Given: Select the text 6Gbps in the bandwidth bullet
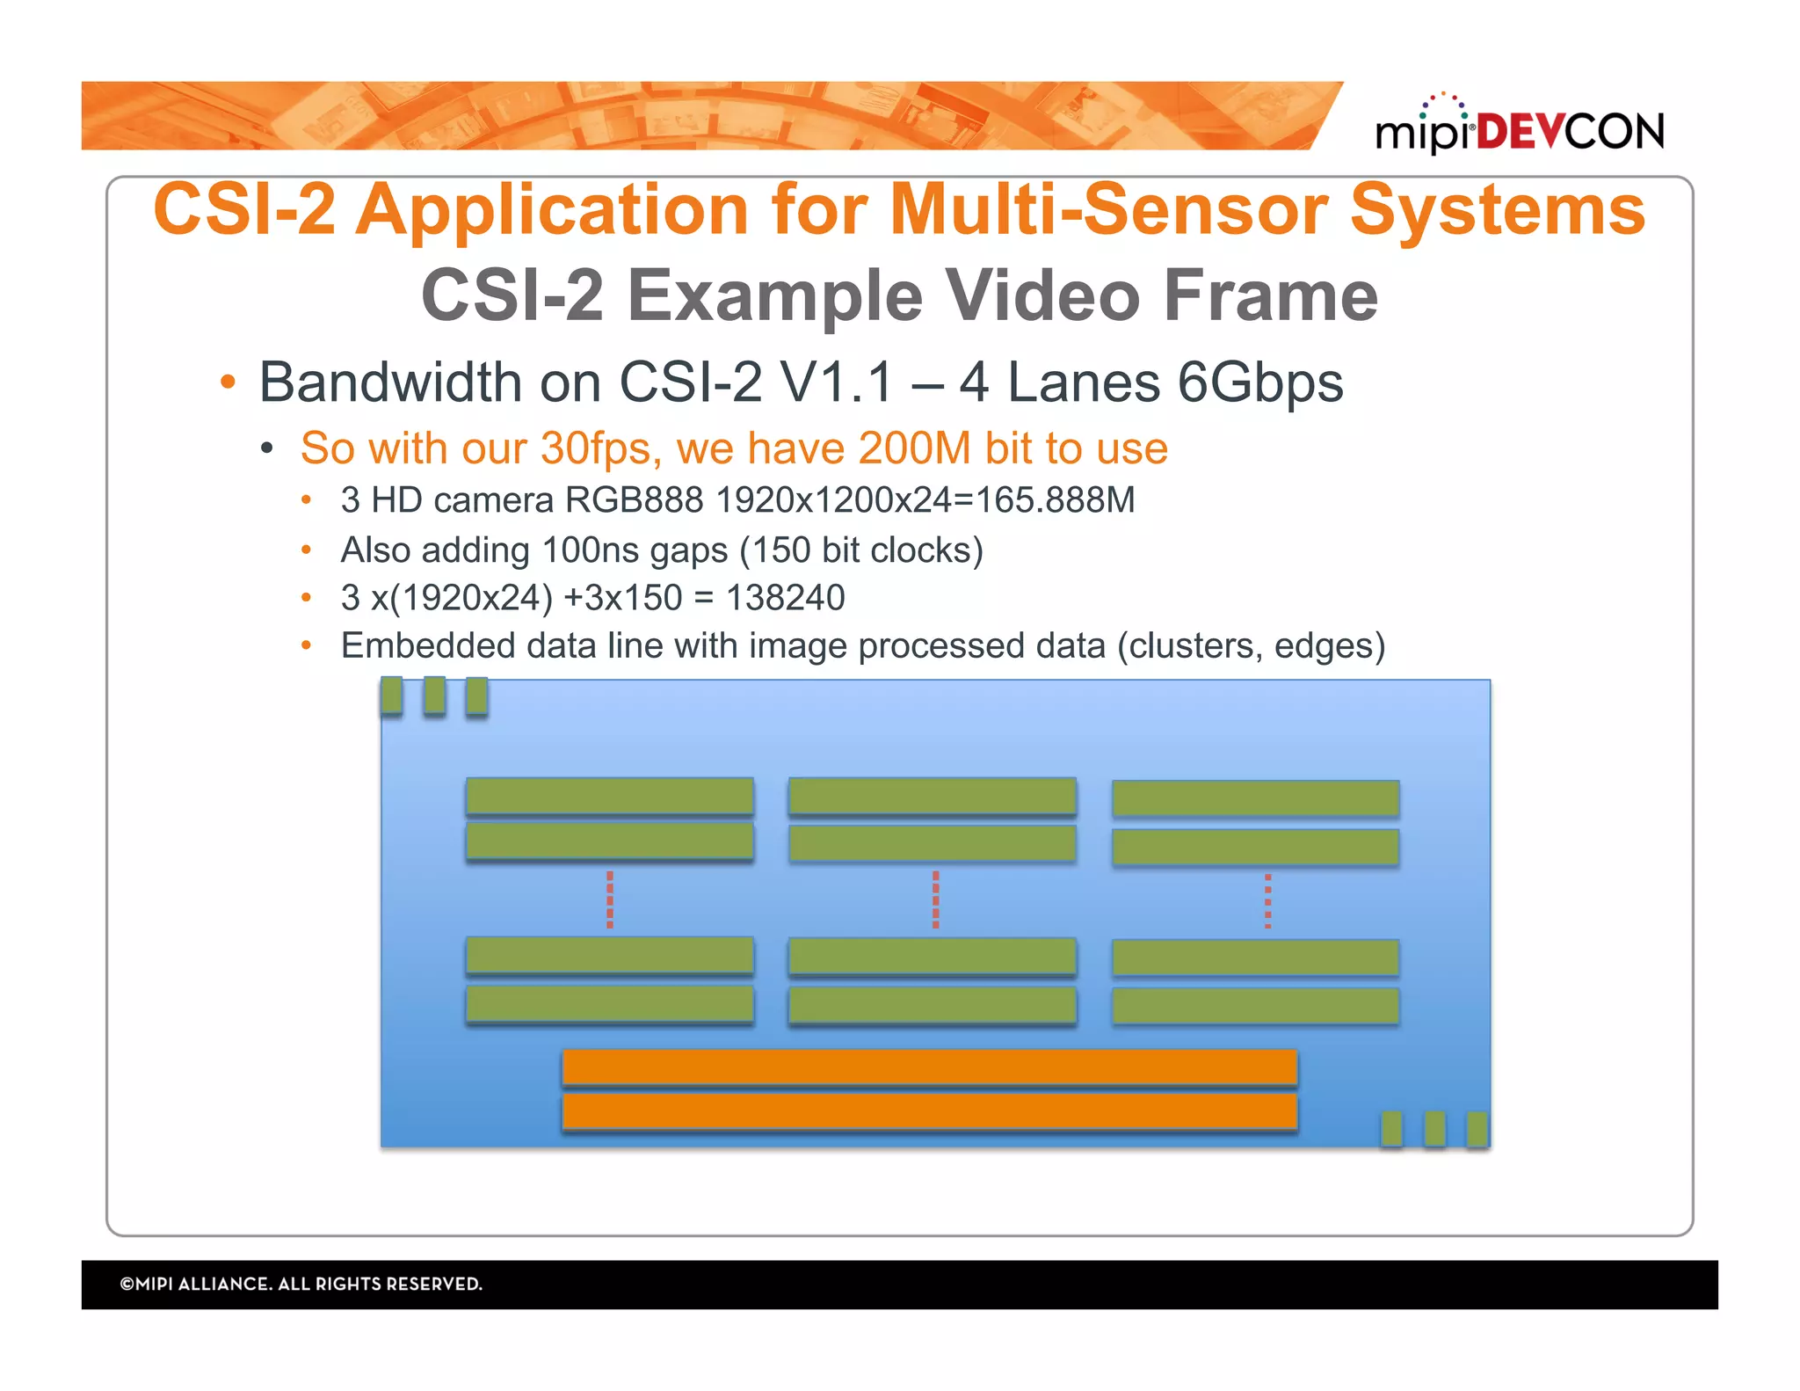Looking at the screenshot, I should point(1260,382).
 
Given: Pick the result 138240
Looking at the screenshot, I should point(786,598).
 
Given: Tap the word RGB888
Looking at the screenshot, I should point(634,500).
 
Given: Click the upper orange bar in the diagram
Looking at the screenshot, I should point(929,1067).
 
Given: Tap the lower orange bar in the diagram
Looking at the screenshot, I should point(929,1111).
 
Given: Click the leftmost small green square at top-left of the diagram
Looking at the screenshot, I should point(392,695).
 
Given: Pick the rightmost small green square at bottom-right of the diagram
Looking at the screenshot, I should point(1477,1129).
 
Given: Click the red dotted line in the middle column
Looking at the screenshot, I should point(935,899).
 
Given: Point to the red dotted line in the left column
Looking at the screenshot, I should point(610,899).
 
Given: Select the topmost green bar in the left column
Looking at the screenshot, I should point(610,797).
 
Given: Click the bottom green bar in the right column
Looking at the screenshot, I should point(1255,1007).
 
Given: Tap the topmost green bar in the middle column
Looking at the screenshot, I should point(933,797).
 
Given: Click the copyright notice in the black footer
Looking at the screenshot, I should point(301,1284).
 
